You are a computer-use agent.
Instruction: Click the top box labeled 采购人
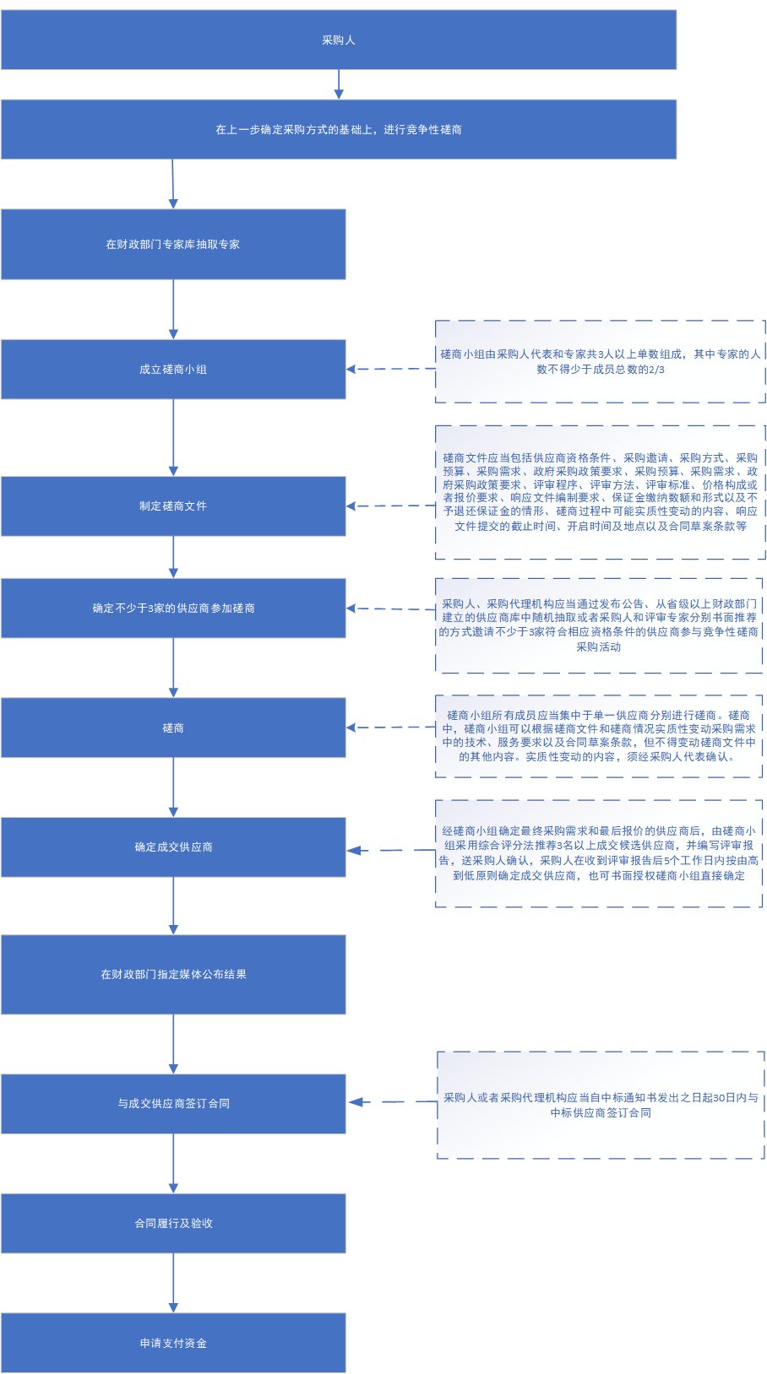click(339, 40)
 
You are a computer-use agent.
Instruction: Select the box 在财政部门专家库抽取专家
click(173, 244)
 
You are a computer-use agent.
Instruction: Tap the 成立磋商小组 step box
click(173, 370)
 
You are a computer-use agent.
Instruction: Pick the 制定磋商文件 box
click(173, 506)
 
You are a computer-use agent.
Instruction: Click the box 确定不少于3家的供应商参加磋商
click(173, 608)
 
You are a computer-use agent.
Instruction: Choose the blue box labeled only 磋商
click(173, 728)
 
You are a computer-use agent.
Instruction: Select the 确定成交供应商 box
click(173, 847)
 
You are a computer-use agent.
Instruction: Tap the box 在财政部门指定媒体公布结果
click(173, 974)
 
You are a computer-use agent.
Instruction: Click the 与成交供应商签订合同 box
click(173, 1103)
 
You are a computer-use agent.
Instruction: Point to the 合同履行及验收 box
click(173, 1223)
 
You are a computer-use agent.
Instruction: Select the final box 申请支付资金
click(173, 1343)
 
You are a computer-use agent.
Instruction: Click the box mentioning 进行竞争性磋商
click(339, 129)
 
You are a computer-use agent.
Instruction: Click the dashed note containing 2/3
click(600, 361)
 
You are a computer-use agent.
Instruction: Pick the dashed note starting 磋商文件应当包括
click(600, 492)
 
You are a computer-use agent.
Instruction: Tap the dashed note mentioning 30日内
click(601, 1105)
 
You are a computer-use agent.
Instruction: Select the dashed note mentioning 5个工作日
click(599, 853)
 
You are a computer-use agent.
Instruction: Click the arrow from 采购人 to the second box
click(339, 84)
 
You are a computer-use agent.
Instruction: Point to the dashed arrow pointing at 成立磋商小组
click(390, 370)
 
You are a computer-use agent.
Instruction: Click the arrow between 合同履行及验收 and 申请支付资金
click(173, 1283)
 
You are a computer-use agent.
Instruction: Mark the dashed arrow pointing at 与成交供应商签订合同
click(393, 1101)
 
